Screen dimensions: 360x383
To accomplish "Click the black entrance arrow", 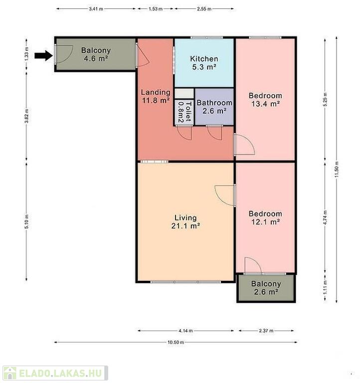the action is [43, 56].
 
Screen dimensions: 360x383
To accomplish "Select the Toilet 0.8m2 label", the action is [184, 112].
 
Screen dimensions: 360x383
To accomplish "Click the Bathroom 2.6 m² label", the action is [214, 107].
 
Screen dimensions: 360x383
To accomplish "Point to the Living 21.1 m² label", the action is [185, 222].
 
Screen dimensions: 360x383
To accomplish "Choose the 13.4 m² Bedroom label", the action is [265, 100].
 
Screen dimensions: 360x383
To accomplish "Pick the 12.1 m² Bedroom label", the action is [265, 218].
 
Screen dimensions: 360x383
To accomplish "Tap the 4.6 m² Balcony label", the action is [96, 54].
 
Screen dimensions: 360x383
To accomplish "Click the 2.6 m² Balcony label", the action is [266, 288].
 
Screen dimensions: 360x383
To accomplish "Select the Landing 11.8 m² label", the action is [156, 96].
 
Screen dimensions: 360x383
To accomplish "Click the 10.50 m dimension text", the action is [176, 342].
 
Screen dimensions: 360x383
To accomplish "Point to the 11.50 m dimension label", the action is [337, 170].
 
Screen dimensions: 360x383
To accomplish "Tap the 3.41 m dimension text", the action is [96, 9].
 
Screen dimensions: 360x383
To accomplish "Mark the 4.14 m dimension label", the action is [185, 331].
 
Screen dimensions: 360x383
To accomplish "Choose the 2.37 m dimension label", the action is [266, 331].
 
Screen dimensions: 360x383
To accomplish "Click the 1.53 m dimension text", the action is [156, 9].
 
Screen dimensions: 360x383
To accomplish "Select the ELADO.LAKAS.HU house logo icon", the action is [10, 373].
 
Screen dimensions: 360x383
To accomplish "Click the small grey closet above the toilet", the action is [184, 94].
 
